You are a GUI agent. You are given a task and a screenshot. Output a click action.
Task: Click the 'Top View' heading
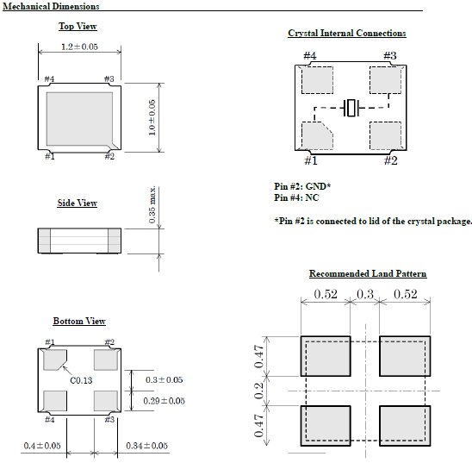coord(78,26)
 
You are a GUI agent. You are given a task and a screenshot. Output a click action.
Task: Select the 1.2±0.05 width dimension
coord(79,47)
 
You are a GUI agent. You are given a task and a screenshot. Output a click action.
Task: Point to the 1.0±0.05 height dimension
coord(152,118)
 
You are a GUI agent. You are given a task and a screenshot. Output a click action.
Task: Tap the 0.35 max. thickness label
coord(152,205)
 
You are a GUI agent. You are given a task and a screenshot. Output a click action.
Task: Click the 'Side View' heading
coord(77,203)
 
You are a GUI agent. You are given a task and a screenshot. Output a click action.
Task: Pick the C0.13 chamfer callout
coord(81,380)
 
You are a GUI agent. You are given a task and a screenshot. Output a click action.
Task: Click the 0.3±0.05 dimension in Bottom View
coord(164,379)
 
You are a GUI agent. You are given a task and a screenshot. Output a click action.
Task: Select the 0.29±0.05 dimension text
coord(164,401)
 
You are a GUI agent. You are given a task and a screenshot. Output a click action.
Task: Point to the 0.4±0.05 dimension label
coord(42,446)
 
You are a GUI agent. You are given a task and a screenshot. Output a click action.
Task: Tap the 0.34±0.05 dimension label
coord(146,446)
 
